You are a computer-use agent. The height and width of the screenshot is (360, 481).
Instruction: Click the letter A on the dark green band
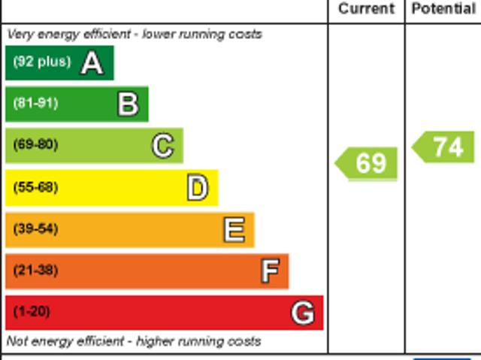92,63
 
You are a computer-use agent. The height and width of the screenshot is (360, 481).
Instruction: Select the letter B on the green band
128,104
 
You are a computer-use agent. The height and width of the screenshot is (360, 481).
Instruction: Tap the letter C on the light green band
163,146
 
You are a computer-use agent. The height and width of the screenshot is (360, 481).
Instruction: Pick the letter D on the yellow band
198,188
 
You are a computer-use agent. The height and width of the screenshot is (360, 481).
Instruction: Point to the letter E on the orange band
234,229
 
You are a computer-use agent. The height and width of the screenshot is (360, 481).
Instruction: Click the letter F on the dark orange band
270,271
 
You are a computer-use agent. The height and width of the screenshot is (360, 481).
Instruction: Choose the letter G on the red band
302,312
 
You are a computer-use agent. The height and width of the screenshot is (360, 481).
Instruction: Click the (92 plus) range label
41,62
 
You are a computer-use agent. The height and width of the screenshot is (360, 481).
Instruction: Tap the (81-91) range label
35,104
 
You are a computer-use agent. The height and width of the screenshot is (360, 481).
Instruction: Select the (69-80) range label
35,145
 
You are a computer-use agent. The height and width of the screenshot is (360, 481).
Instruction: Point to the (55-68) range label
35,187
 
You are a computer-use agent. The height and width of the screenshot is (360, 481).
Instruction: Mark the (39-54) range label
35,228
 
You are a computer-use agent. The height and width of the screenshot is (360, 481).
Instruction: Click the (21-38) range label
35,270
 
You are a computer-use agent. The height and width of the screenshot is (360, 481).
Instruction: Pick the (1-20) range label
32,311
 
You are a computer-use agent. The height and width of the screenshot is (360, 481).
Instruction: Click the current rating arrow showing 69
367,163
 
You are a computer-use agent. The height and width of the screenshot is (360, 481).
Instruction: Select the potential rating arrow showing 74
445,147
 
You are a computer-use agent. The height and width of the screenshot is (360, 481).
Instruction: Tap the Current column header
366,9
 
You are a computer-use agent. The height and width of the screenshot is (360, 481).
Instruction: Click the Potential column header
443,9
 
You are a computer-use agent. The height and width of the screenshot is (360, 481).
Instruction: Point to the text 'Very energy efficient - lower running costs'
135,34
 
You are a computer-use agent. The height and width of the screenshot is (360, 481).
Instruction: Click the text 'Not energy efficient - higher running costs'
134,341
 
